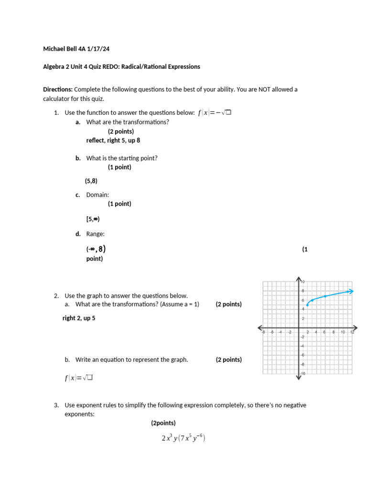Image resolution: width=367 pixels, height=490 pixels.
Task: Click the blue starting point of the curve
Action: coord(307,305)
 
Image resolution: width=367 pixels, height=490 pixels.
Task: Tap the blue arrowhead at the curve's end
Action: coord(351,291)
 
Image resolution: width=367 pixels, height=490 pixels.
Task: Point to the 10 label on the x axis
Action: coord(343,332)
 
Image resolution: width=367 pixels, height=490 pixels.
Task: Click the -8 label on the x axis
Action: coord(262,332)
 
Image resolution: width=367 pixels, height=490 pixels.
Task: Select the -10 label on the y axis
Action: coord(303,373)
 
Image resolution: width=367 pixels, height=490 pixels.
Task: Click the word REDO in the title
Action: coord(108,67)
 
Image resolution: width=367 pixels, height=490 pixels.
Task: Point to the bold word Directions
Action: coord(58,89)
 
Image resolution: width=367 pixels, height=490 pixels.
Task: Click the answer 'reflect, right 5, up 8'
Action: coord(113,140)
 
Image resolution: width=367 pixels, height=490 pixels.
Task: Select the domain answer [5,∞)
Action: coord(93,219)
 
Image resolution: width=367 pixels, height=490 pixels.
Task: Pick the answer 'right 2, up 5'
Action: coord(79,318)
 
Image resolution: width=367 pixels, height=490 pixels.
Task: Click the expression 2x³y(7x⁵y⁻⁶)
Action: coord(183,438)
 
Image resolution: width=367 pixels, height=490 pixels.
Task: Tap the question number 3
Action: coord(56,405)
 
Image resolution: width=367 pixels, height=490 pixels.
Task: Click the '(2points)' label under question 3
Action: coord(163,423)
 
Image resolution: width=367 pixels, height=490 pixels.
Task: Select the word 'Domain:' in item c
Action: coord(97,195)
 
